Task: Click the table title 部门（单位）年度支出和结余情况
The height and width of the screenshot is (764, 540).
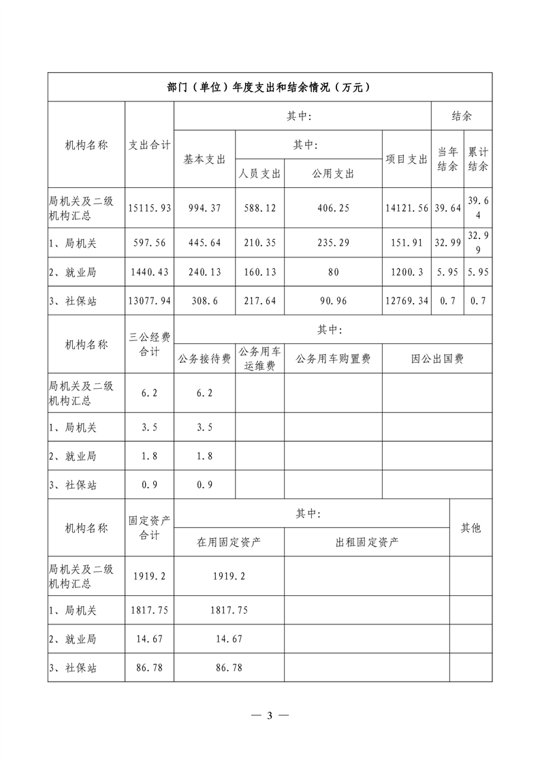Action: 270,87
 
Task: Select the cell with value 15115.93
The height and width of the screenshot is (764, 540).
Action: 150,208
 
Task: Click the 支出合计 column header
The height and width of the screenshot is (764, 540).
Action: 150,144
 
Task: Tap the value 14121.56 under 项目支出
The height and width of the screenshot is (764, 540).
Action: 407,208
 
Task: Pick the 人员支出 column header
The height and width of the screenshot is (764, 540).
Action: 259,174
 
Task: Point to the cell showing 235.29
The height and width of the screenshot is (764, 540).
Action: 333,242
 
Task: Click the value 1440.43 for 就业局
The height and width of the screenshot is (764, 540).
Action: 150,272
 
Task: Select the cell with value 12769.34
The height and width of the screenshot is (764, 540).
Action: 407,300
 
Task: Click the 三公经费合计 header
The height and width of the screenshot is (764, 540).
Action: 150,344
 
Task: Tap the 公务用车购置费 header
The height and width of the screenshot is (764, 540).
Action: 333,359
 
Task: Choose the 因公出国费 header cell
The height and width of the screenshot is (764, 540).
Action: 437,359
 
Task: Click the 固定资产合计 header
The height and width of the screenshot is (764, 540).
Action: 150,528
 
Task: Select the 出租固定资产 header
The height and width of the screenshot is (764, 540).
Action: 367,542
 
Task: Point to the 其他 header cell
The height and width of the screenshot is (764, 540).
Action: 471,528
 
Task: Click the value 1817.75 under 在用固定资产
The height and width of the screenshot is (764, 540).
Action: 229,611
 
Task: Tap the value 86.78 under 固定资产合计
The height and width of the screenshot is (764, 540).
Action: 150,668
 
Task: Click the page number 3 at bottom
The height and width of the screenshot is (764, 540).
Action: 270,716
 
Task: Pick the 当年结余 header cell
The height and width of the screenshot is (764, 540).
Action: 447,159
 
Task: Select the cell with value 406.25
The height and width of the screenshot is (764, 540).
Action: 333,208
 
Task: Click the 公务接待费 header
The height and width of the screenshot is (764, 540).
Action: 204,359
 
